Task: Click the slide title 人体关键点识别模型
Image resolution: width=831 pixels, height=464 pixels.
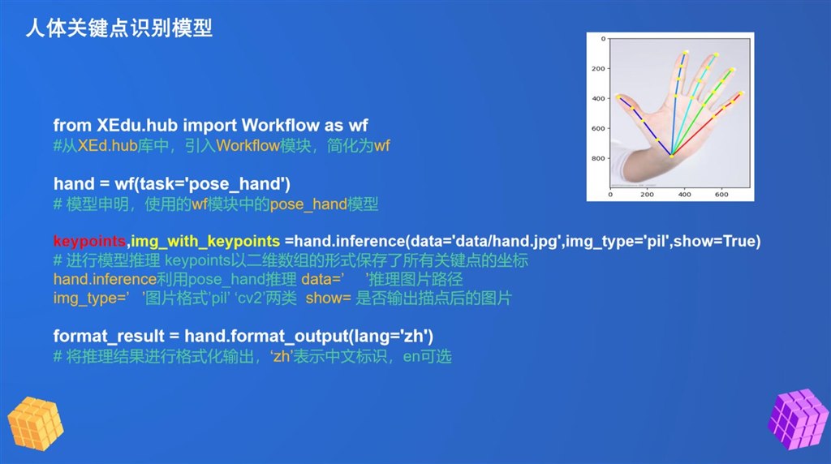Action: [119, 28]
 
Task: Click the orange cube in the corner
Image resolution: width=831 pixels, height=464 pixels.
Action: [36, 423]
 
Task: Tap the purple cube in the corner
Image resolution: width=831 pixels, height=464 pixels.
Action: [799, 419]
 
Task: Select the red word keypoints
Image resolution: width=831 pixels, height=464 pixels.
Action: [89, 242]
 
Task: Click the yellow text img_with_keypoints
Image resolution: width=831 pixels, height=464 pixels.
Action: [205, 242]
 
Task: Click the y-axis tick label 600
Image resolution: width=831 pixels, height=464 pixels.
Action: [598, 128]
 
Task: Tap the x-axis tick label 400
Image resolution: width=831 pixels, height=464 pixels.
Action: [684, 195]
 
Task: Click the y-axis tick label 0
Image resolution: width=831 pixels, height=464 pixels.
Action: [603, 39]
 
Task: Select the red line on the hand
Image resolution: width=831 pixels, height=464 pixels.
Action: [707, 124]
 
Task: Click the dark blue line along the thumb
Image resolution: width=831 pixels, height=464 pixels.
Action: [644, 126]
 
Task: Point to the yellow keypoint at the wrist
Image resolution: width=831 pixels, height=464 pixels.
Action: [671, 156]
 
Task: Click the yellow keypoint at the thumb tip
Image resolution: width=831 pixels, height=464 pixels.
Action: [618, 97]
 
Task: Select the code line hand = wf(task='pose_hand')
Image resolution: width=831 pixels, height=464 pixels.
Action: [172, 184]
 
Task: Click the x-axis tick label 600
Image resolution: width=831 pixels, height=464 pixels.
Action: [721, 195]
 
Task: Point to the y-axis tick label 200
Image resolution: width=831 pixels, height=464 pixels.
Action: [598, 68]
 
